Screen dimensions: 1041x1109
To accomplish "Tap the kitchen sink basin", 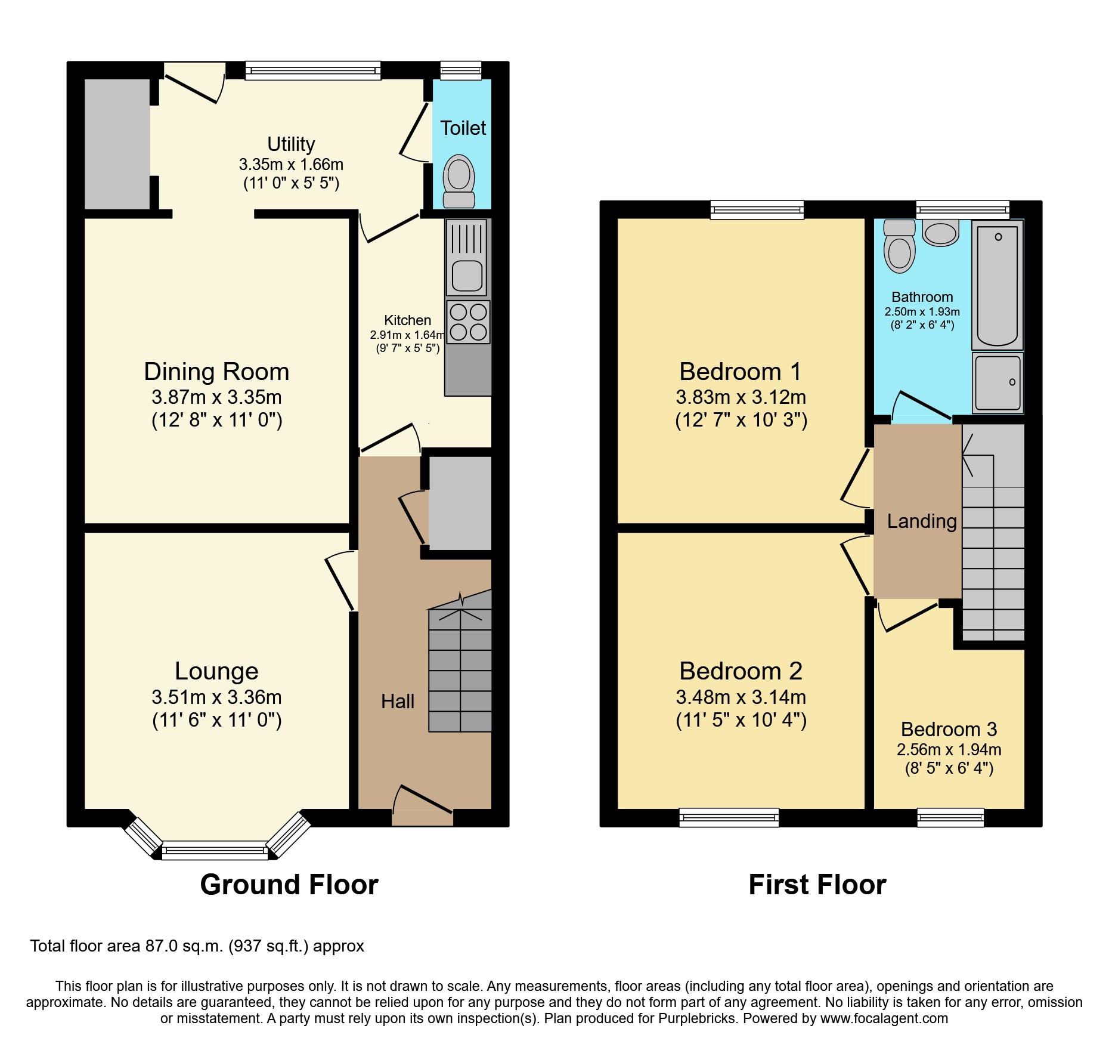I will [467, 275].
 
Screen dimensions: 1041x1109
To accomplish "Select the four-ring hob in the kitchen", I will [468, 322].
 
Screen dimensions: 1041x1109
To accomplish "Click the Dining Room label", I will [216, 372].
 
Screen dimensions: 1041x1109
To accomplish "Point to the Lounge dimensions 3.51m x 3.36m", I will [216, 697].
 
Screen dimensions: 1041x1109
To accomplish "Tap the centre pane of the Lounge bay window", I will [215, 850].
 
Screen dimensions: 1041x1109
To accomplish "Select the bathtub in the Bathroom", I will [997, 285].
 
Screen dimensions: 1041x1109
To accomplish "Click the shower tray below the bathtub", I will [998, 382].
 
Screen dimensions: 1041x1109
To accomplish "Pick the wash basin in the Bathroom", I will [941, 233].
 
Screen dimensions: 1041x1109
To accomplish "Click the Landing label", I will [921, 521].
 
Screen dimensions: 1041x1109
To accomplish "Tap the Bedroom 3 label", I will [949, 729].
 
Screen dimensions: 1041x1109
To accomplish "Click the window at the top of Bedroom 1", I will [757, 209].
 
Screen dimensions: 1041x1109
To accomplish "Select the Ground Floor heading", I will [289, 884].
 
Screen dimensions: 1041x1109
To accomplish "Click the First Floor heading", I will [817, 884].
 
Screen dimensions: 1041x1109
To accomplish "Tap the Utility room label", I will [291, 144].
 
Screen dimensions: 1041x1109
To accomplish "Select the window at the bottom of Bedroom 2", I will [729, 817].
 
